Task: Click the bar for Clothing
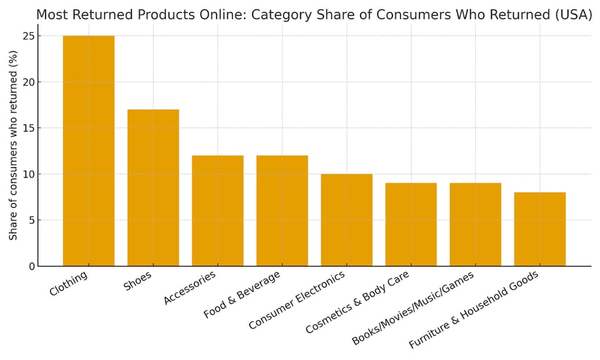(88, 151)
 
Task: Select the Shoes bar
(153, 188)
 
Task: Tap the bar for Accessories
(218, 211)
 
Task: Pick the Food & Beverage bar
(282, 211)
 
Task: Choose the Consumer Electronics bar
(347, 220)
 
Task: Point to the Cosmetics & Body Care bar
(411, 225)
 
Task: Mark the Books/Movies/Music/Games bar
(476, 225)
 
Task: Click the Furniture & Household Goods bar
(540, 229)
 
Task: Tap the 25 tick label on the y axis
(27, 36)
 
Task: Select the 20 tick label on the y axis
(27, 82)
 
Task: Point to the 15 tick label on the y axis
(27, 128)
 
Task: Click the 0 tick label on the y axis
(31, 267)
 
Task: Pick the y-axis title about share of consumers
(13, 145)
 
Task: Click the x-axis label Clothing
(69, 284)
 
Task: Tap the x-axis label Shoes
(138, 281)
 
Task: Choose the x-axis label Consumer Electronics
(297, 300)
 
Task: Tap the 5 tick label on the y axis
(31, 220)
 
